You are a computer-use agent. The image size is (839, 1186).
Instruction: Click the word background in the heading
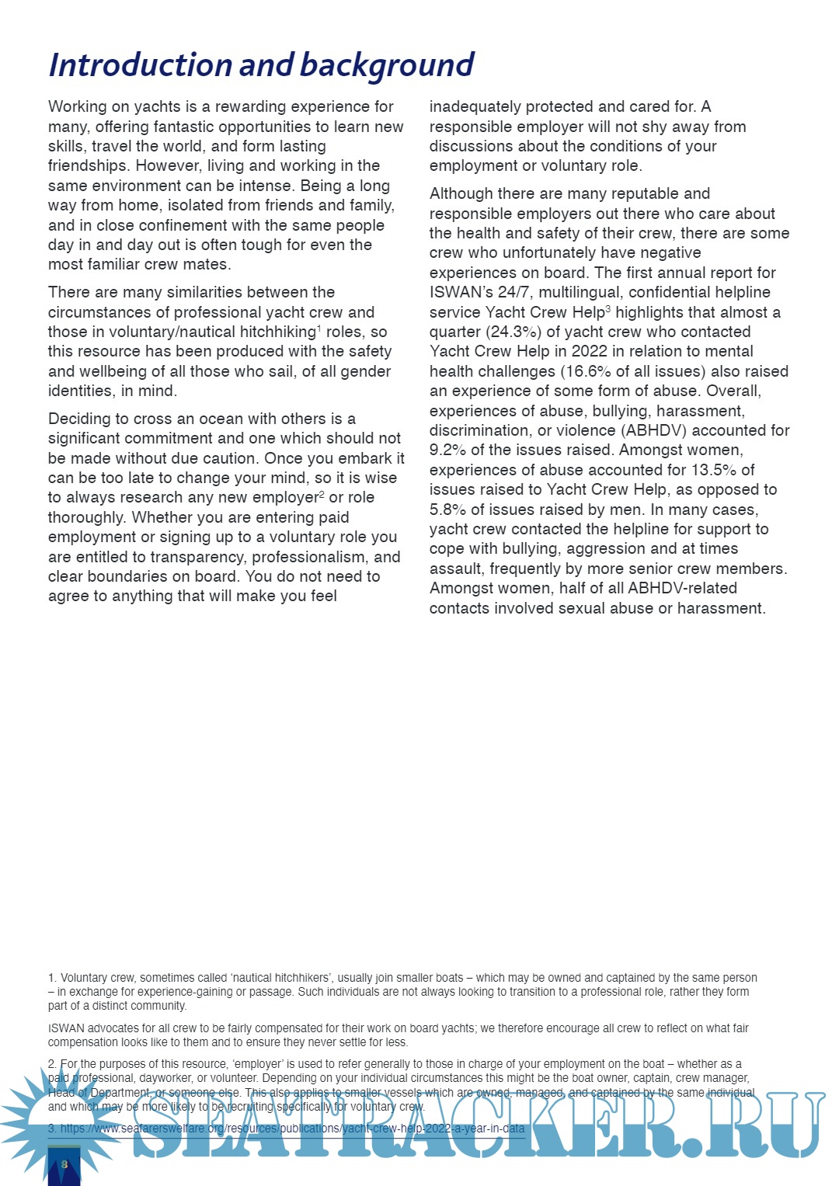coord(386,65)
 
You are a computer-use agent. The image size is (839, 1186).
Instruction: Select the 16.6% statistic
coord(587,372)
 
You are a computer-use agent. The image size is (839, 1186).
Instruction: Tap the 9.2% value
coord(447,450)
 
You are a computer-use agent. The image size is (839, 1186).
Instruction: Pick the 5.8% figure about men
coord(447,510)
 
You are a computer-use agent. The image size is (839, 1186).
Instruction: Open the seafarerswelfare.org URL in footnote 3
coord(292,1129)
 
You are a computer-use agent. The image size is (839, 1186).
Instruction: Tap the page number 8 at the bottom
coord(64,1163)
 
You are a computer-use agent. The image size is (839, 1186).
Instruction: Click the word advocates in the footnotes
coord(113,1028)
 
